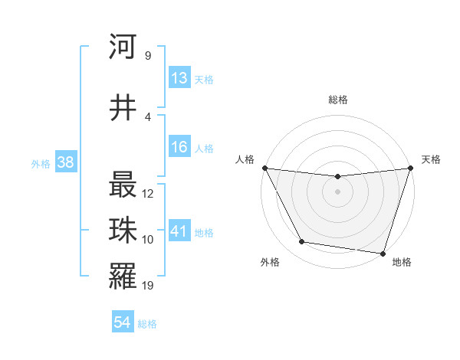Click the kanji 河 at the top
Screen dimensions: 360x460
click(123, 47)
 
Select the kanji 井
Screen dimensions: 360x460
click(123, 107)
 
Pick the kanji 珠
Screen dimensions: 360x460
click(123, 231)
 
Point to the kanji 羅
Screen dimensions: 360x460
click(123, 276)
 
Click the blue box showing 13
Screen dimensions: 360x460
click(179, 78)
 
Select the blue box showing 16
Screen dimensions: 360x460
click(179, 148)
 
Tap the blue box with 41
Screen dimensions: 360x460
click(179, 231)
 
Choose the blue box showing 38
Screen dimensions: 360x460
click(65, 162)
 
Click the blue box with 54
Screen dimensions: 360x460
click(123, 322)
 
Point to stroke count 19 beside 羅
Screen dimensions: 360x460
click(148, 286)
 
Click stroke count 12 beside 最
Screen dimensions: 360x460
click(148, 194)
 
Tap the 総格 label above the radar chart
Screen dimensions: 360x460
click(338, 100)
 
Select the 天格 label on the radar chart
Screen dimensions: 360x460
click(431, 159)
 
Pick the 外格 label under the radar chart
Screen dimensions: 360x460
click(270, 262)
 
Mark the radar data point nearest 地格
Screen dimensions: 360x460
click(383, 253)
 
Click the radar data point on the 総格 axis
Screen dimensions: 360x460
click(338, 178)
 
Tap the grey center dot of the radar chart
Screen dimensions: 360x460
click(338, 191)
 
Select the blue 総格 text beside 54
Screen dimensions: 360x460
click(147, 324)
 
